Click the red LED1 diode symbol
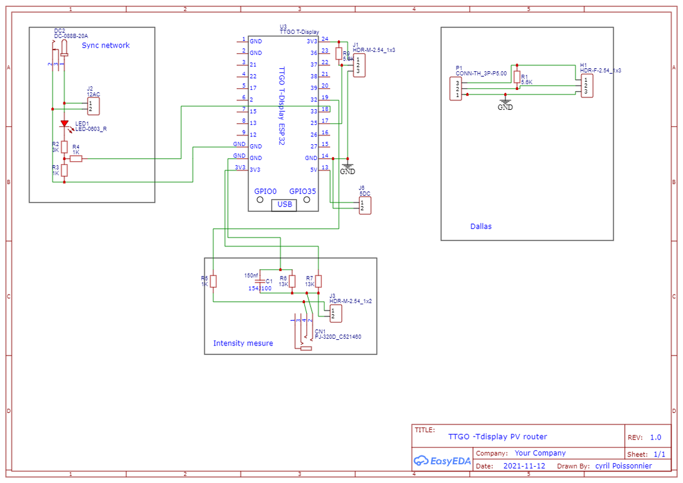pos(64,124)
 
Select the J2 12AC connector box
pos(93,106)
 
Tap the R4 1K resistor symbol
pos(75,159)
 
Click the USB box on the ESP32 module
pos(284,205)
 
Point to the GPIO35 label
pos(303,191)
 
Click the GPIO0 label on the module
pos(265,191)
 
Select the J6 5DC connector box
pos(365,205)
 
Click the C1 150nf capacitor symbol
pos(260,281)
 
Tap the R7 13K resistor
pos(318,281)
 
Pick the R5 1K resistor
pos(213,281)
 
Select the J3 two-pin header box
pos(335,313)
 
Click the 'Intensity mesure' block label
pos(243,344)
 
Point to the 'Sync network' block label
pos(106,45)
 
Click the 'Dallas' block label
pos(481,226)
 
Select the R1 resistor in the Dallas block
pos(517,76)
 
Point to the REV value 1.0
pos(655,437)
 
